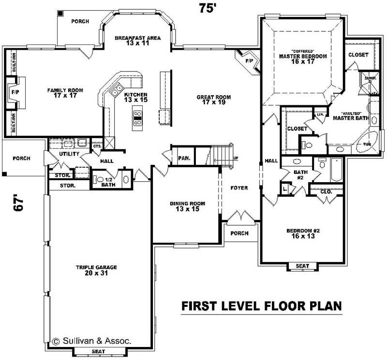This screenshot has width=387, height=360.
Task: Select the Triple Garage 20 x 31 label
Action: click(96, 270)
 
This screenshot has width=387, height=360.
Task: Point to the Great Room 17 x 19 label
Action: click(213, 100)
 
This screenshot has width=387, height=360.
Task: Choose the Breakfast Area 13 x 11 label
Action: click(137, 41)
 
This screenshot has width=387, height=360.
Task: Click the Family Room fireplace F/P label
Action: click(14, 91)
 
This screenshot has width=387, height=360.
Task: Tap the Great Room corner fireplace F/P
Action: click(249, 61)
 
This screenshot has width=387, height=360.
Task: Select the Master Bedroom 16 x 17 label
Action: click(303, 58)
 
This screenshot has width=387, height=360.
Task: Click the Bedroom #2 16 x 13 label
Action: click(303, 233)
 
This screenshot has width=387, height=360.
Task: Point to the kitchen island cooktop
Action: click(137, 118)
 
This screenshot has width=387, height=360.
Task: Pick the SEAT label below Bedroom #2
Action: click(303, 266)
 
